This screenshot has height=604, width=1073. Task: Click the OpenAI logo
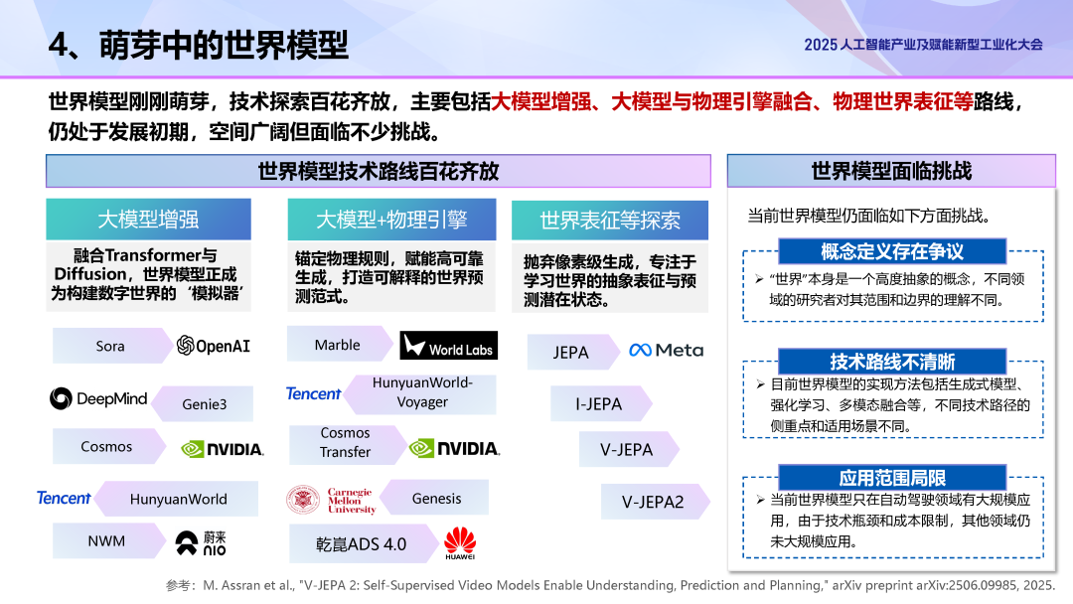(x=213, y=346)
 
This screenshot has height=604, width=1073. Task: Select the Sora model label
(x=110, y=346)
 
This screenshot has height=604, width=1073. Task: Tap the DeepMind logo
(x=98, y=398)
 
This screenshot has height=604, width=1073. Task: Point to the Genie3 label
(x=204, y=404)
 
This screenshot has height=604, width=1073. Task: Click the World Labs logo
(x=448, y=346)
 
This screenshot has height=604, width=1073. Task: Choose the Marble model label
(x=338, y=345)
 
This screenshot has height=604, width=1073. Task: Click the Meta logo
(x=666, y=351)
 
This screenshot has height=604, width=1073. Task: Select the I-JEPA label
(x=599, y=404)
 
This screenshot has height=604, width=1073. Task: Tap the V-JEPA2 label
(x=653, y=502)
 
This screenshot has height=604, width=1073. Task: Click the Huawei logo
(x=459, y=542)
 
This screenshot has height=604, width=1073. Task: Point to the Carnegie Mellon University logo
(x=330, y=499)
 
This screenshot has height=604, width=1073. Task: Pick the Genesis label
(x=437, y=499)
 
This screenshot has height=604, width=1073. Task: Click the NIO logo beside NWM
(x=201, y=542)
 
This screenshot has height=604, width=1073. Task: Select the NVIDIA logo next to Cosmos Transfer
(x=454, y=448)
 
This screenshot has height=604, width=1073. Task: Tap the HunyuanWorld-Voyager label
(x=422, y=392)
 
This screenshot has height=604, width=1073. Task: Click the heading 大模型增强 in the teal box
(x=147, y=219)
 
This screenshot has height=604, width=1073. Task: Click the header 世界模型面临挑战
(x=891, y=171)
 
